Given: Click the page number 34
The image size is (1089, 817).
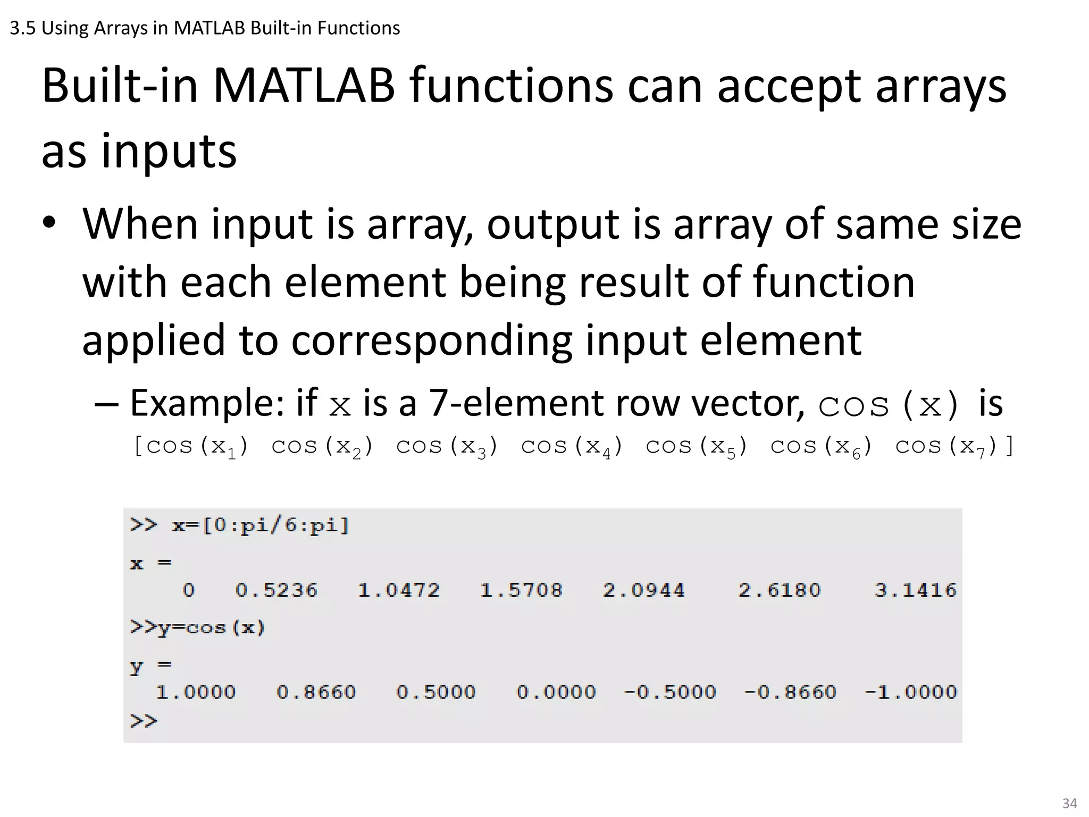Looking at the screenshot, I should [1069, 803].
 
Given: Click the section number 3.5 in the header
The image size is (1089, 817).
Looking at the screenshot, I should [22, 28].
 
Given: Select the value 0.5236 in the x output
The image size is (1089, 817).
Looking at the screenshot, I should [277, 590].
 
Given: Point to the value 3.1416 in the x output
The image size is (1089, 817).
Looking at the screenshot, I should [915, 590].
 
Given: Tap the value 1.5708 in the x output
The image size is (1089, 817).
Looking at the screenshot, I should [521, 590].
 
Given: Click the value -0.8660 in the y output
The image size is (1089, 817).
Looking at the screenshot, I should [790, 692].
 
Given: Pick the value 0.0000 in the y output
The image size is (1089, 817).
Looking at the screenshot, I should [556, 692].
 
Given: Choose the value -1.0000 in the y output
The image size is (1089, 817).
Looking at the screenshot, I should [911, 692].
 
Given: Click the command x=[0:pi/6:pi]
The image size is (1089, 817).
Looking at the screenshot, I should [261, 526].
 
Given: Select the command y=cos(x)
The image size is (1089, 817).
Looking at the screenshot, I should [211, 628].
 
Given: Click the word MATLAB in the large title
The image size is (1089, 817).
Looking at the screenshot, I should [304, 86].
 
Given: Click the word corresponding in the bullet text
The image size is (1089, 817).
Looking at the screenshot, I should [431, 340].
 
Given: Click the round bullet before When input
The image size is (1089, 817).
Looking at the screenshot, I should [49, 224].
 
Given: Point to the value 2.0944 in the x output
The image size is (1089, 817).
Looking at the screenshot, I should [643, 590].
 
